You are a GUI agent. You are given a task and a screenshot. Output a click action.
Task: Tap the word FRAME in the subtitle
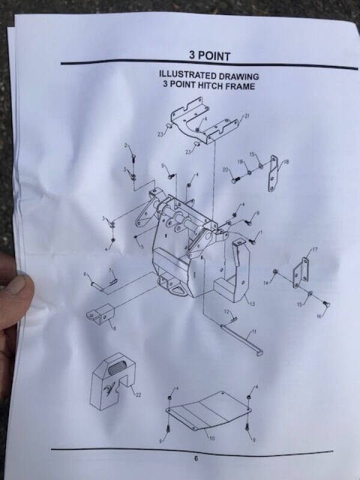click(240, 86)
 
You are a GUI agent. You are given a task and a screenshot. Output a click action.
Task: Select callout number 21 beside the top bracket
click(247, 115)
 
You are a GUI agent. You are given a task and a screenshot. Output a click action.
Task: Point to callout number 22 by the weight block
click(139, 394)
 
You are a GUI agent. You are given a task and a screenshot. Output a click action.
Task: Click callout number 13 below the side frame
click(252, 304)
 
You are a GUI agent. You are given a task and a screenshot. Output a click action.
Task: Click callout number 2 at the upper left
click(127, 146)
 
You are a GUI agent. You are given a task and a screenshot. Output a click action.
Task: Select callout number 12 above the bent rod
click(227, 311)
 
